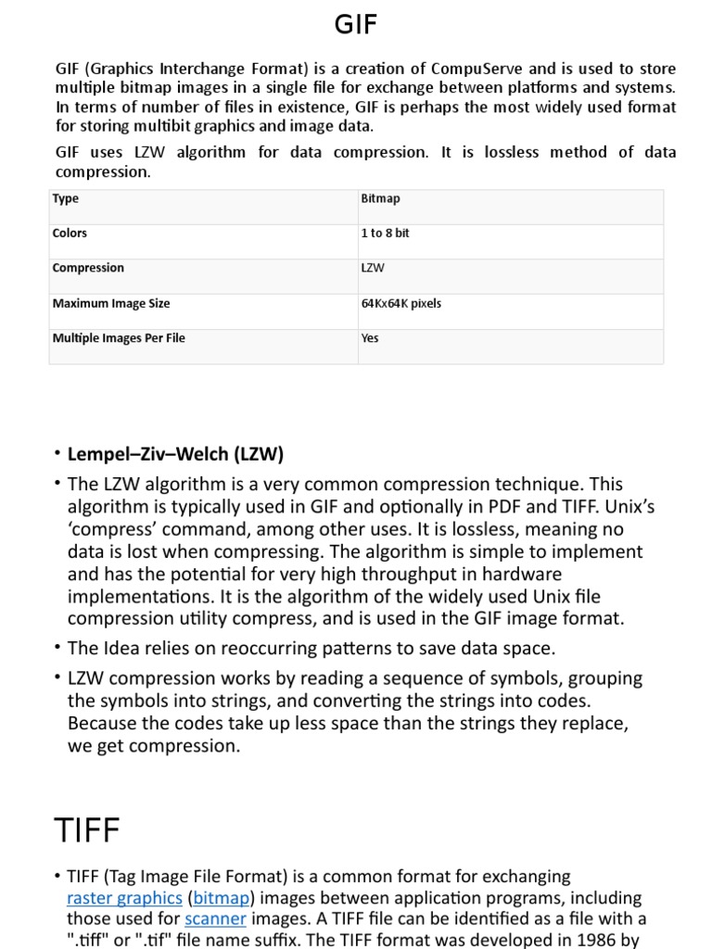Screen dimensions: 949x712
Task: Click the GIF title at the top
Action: coord(356,25)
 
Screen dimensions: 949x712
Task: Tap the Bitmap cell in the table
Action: coord(380,198)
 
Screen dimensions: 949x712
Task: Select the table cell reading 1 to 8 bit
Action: coord(385,234)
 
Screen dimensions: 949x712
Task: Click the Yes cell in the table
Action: coord(370,338)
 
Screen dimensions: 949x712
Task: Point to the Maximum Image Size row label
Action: coord(111,303)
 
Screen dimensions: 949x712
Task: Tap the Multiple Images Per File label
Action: coord(119,338)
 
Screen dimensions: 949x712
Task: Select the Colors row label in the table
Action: coord(70,234)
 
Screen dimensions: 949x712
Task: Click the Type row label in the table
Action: coord(66,198)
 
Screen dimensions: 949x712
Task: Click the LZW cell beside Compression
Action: coord(373,268)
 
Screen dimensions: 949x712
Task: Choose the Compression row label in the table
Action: coord(88,268)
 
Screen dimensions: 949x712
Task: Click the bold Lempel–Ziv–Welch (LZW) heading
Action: coord(175,454)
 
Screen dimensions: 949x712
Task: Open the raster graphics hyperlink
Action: coord(124,897)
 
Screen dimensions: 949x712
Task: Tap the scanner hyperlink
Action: coord(215,918)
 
